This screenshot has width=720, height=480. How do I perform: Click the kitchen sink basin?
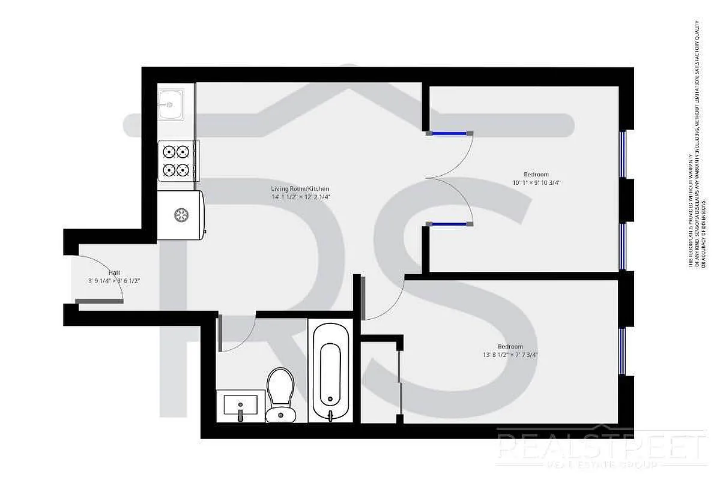point(170,104)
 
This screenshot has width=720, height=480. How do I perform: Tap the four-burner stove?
point(177,161)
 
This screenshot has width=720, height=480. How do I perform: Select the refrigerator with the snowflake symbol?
point(180,215)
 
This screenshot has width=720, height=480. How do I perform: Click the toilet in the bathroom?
point(280,393)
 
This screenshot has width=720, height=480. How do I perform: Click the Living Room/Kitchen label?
point(300,189)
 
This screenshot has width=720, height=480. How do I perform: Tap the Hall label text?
point(114,272)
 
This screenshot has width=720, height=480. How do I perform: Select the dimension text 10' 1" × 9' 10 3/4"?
point(537,182)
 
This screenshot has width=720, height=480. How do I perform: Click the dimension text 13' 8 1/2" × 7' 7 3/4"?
point(510,355)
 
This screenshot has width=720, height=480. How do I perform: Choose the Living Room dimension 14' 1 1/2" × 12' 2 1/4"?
point(301,197)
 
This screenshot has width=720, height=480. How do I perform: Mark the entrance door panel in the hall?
point(99,300)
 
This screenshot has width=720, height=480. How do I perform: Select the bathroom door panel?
point(220,334)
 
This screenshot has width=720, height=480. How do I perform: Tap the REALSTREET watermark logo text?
point(601,447)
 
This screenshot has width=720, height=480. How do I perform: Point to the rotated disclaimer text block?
point(694,144)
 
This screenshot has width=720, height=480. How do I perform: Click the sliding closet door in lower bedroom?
point(399,378)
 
